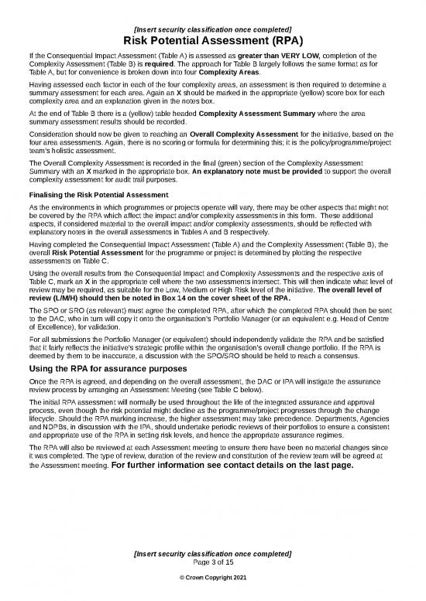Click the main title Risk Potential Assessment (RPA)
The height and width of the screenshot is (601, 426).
213,41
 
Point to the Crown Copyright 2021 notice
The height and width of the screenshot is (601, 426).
213,579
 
